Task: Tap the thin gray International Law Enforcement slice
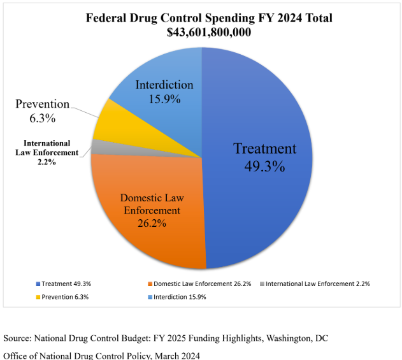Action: (98, 147)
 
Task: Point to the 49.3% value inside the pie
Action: (264, 167)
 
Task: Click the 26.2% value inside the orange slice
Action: (152, 223)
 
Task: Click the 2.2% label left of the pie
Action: (47, 162)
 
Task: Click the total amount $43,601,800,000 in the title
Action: (210, 32)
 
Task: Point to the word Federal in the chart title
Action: (108, 17)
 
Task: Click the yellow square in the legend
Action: (38, 297)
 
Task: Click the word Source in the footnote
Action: (19, 337)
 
